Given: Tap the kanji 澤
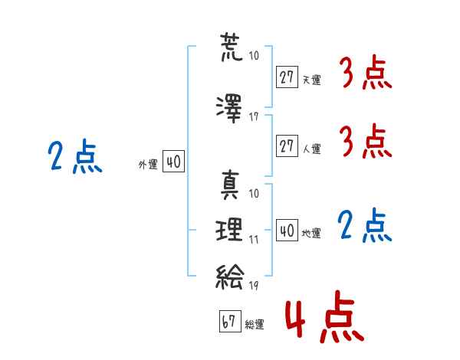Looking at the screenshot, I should tap(230, 108).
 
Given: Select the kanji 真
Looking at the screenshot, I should tap(230, 185).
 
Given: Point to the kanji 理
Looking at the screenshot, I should tap(230, 230).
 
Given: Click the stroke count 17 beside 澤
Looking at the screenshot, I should tap(254, 117).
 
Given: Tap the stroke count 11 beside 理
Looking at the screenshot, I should tap(254, 239).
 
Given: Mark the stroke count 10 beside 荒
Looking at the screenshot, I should tap(254, 57).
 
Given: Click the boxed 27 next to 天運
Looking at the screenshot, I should tap(287, 77).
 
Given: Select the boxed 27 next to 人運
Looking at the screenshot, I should tap(287, 146).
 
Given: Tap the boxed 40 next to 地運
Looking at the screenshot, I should tap(287, 231).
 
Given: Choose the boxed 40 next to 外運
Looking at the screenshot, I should tap(172, 162).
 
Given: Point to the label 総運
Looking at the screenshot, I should tap(255, 325).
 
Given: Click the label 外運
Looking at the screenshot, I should tap(147, 165).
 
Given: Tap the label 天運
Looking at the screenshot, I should tap(311, 80).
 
